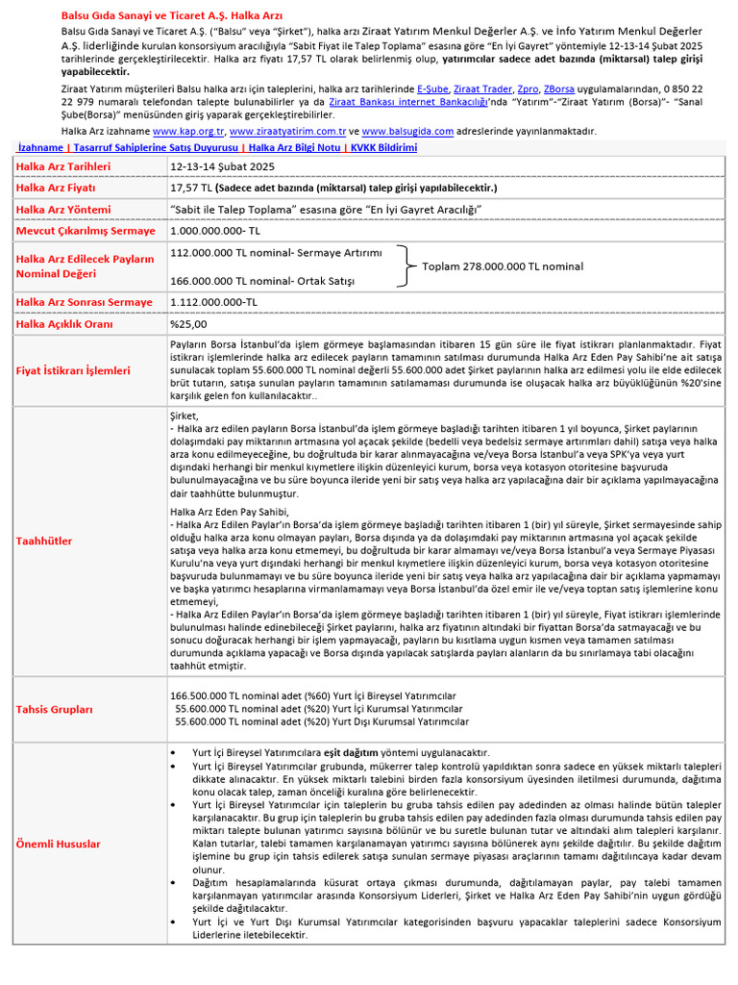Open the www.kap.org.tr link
tap(188, 131)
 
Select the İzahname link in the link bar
tap(41, 148)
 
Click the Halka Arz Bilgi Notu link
tap(291, 148)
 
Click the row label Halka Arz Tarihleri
tap(63, 166)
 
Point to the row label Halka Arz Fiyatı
tap(57, 188)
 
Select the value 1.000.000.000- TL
tap(215, 231)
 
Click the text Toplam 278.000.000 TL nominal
tap(503, 265)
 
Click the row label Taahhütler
tap(44, 541)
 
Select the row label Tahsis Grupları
tap(55, 709)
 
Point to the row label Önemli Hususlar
tap(59, 844)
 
